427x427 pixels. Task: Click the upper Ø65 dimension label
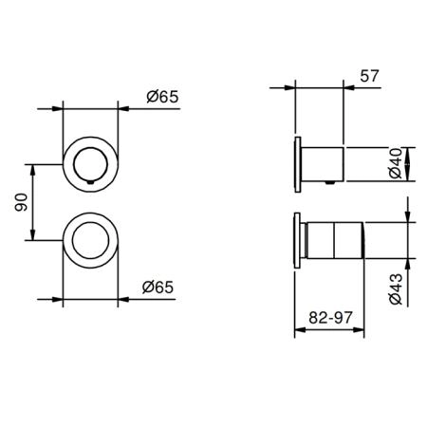point(162,97)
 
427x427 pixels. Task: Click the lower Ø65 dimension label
point(158,287)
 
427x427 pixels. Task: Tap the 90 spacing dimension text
point(22,202)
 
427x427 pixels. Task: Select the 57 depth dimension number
point(369,76)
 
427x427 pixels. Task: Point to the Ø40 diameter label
point(396,163)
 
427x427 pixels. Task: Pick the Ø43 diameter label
point(396,288)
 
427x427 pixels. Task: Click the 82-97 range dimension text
point(330,318)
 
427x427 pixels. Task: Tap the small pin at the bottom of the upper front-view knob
point(90,182)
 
